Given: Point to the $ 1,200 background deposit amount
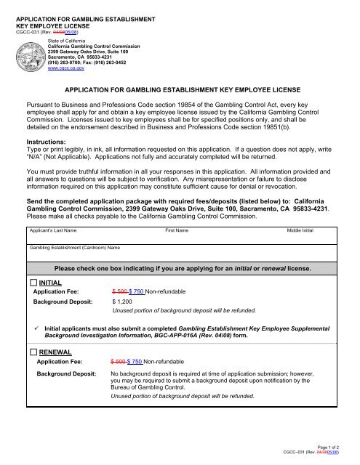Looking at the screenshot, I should (124, 300).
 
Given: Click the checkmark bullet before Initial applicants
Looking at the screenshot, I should (34, 327).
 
